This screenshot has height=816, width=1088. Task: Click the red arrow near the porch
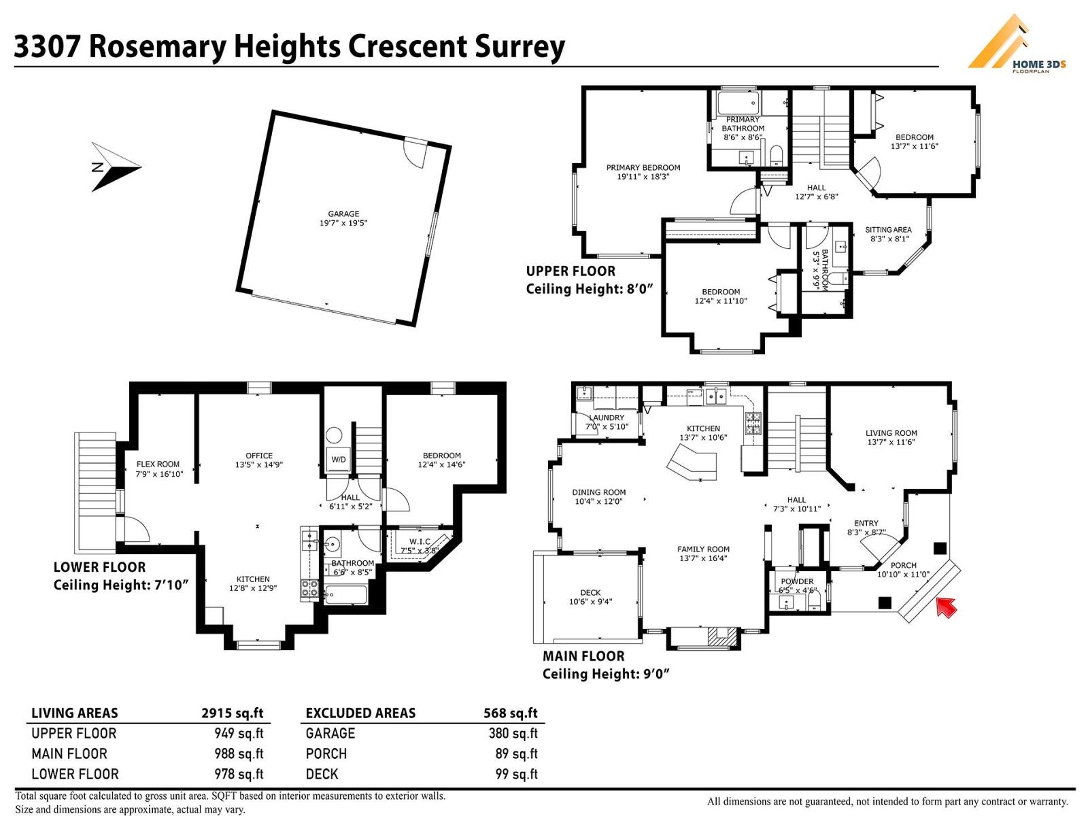946,606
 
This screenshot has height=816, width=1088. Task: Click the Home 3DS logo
1017,44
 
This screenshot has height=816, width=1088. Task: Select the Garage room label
343,218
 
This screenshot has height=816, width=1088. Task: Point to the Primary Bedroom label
643,171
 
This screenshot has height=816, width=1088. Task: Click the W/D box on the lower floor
339,460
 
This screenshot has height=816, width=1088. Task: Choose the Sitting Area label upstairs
888,234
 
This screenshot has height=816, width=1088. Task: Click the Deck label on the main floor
590,596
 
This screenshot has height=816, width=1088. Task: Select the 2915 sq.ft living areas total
232,713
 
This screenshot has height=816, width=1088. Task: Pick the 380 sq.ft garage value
513,733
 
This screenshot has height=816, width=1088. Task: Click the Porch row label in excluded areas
326,753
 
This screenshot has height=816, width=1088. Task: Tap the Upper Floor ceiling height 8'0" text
589,289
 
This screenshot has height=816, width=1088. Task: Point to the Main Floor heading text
583,656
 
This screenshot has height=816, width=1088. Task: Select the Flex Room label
158,469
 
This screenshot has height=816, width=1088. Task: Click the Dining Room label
598,496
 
